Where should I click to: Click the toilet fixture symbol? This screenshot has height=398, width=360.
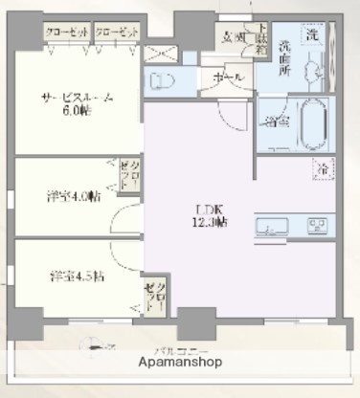click(x=163, y=78)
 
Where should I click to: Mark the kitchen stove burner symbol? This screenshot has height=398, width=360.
click(x=316, y=227)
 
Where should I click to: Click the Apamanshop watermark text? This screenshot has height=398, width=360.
click(x=180, y=364)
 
